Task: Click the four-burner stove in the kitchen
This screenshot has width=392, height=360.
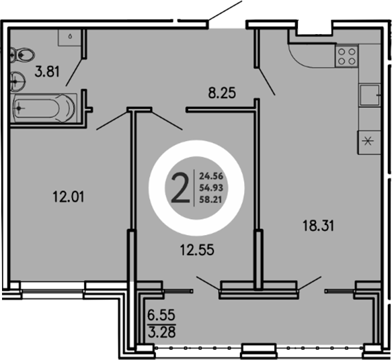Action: (347, 55)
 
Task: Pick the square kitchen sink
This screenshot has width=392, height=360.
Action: (369, 95)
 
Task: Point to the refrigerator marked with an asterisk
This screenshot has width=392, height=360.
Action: (368, 141)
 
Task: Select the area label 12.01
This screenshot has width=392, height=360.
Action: (67, 197)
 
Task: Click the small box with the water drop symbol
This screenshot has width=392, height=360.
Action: (70, 37)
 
